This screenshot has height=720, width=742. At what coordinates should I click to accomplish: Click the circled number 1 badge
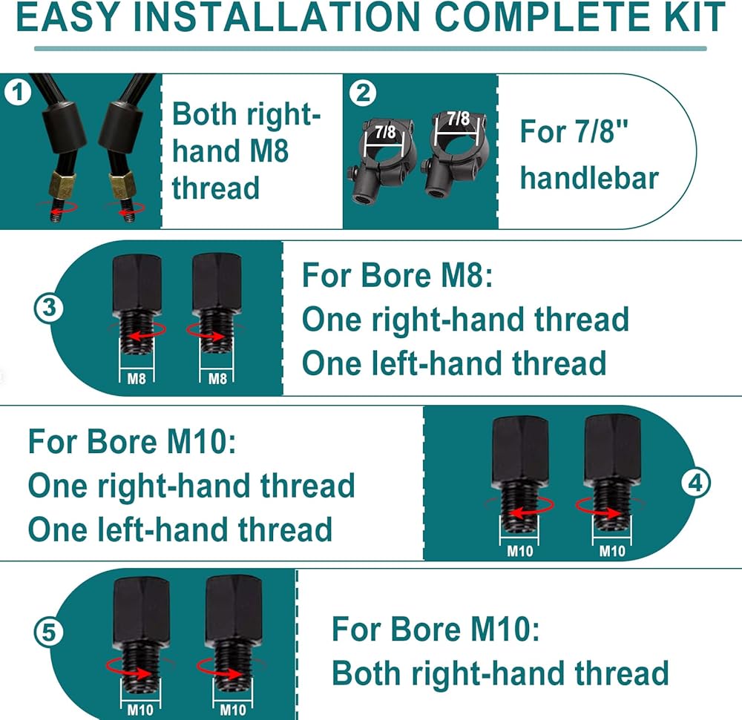click(x=18, y=92)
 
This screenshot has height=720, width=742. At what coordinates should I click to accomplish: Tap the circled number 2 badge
click(x=363, y=93)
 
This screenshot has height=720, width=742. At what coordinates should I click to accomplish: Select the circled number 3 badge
click(x=49, y=308)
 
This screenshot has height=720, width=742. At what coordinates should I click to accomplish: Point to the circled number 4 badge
click(x=695, y=483)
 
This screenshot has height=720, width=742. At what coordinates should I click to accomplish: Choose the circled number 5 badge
click(x=49, y=632)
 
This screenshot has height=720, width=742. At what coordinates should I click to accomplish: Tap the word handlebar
click(x=589, y=178)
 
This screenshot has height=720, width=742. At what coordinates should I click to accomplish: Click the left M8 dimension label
click(x=137, y=379)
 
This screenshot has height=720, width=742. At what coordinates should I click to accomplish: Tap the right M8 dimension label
click(x=217, y=379)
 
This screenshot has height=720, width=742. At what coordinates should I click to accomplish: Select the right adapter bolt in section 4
click(x=612, y=474)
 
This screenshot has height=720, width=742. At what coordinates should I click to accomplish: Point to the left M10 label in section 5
click(x=140, y=710)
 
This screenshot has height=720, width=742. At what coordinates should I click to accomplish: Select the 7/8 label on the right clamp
click(x=458, y=118)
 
